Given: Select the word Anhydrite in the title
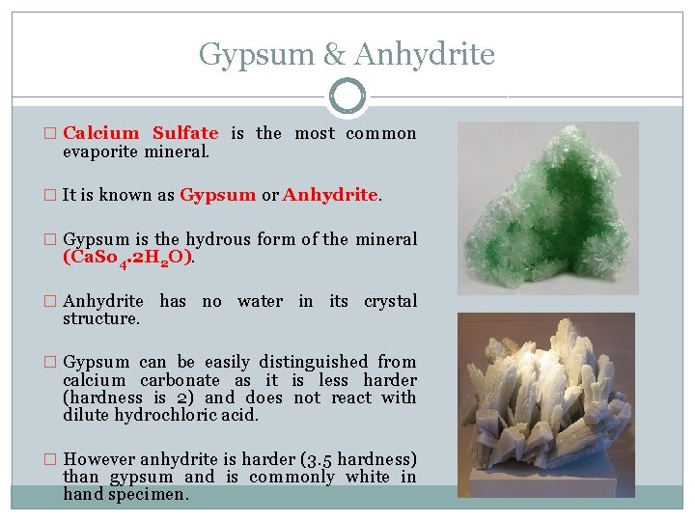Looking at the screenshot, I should click(x=425, y=54).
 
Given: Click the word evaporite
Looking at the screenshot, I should click(x=99, y=151).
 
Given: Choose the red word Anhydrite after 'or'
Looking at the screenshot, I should click(x=330, y=195).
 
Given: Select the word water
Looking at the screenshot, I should click(x=260, y=301).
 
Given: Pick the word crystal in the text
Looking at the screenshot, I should click(x=391, y=301).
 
